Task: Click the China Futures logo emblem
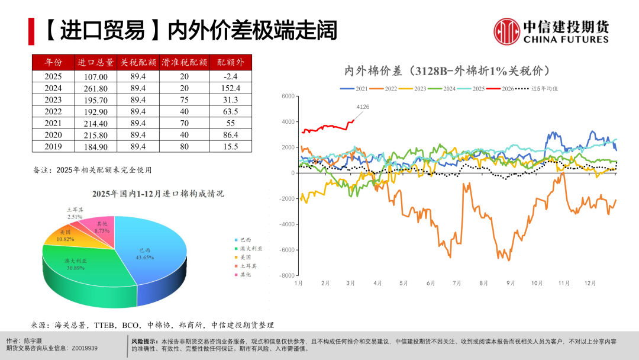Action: coord(506,30)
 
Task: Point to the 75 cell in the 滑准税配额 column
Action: coord(184,99)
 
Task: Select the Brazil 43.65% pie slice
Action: coord(151,255)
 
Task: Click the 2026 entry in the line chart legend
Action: coord(504,88)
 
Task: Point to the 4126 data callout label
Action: coord(363,107)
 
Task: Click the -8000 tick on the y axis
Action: coord(288,275)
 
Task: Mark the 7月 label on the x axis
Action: coord(457,284)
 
